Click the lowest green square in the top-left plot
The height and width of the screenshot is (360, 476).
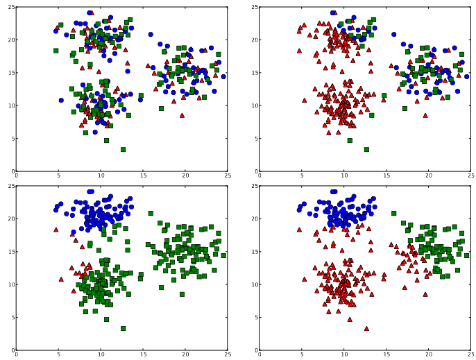[x=123, y=149]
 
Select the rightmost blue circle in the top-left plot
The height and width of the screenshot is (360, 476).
[x=223, y=76]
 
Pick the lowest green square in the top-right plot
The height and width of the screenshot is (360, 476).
[x=366, y=149]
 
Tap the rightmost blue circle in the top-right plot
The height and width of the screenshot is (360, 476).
[x=467, y=76]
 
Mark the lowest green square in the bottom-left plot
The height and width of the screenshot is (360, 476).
[x=123, y=328]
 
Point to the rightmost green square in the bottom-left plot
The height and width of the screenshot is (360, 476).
[x=223, y=255]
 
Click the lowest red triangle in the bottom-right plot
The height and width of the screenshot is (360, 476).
[x=366, y=328]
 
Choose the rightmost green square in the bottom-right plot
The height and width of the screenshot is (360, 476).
[x=467, y=255]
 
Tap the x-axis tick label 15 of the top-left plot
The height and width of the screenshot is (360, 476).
[x=143, y=176]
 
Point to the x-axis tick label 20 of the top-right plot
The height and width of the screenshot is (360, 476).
[x=429, y=176]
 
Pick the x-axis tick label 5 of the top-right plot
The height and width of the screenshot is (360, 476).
[x=302, y=176]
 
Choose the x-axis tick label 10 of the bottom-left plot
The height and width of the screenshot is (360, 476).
[x=100, y=355]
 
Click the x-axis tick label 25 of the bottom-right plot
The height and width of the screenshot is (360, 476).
[x=471, y=355]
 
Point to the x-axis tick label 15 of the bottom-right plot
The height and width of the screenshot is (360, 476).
[x=386, y=355]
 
